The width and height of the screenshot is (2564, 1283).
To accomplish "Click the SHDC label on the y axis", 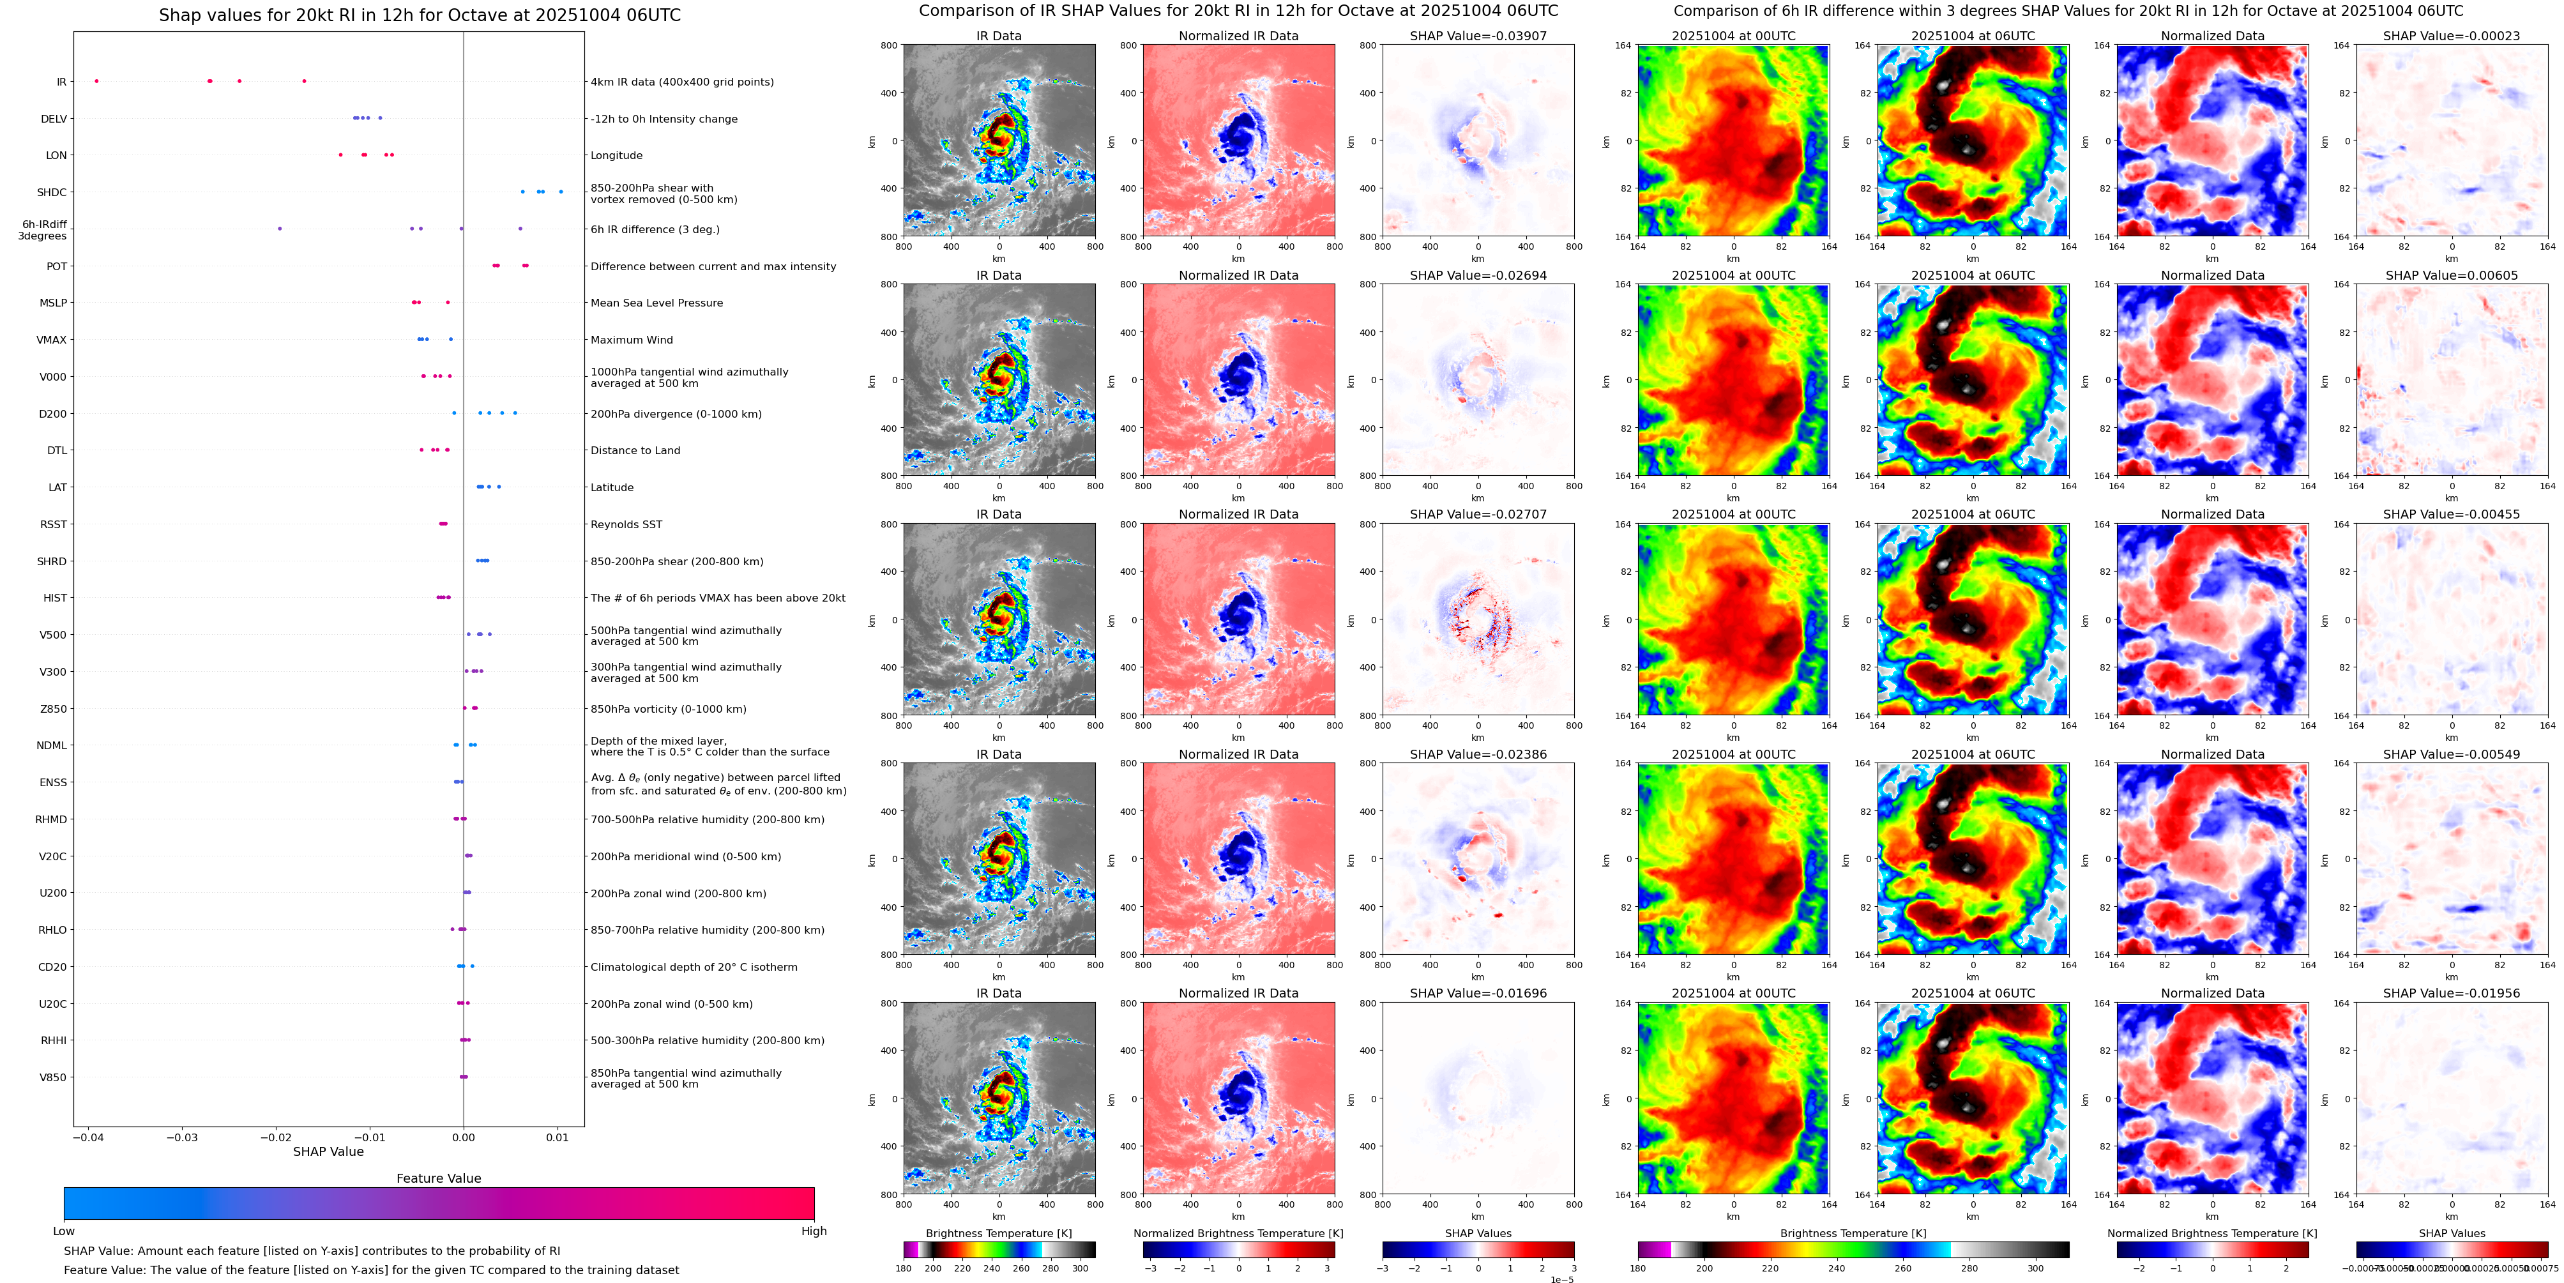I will [52, 192].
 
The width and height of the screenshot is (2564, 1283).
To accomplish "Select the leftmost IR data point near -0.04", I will [96, 80].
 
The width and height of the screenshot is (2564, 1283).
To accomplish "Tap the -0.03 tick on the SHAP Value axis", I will [181, 1137].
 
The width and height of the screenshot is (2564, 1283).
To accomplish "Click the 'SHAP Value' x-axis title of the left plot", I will [328, 1151].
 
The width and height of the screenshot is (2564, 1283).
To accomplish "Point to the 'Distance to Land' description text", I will [635, 451].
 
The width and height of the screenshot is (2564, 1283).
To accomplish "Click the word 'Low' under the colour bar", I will [64, 1231].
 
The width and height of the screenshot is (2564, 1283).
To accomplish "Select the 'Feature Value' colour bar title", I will [438, 1178].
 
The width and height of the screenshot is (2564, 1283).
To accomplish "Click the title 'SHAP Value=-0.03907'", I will [1478, 36].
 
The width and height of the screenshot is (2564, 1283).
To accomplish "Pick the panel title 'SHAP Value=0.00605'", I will [2452, 276].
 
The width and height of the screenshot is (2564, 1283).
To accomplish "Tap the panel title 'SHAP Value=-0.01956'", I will [2452, 993].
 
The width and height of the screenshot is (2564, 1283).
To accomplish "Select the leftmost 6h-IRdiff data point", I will [280, 229].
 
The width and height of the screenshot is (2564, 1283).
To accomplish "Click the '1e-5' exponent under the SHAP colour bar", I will [1561, 1279].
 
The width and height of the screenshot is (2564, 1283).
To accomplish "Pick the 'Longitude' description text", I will [616, 155].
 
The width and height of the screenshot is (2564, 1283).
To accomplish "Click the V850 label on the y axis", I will [53, 1077].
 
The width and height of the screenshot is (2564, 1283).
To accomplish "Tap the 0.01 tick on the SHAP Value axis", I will [558, 1137].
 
